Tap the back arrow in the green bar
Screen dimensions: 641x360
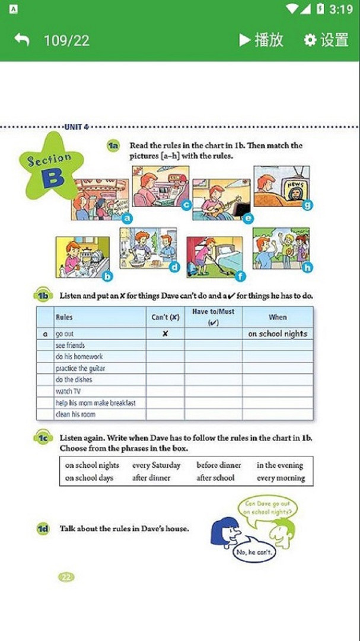tap(22, 40)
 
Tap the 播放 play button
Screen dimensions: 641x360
tap(262, 40)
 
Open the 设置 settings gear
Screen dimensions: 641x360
tap(326, 40)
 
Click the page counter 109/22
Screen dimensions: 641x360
tap(66, 40)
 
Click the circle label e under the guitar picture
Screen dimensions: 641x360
tap(248, 218)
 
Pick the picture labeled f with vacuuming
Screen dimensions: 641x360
tap(214, 256)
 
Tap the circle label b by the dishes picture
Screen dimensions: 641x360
tap(107, 276)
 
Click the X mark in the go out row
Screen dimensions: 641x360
tap(165, 334)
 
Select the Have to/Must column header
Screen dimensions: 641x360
tap(213, 316)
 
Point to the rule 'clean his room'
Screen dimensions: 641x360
tap(75, 414)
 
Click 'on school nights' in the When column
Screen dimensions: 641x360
tap(278, 334)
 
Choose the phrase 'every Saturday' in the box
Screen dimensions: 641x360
tap(156, 465)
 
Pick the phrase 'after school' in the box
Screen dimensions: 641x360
tap(215, 478)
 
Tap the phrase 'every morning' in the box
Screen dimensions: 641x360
tap(281, 478)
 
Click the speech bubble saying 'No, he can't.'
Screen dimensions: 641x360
tap(254, 552)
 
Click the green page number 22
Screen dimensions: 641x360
tap(66, 576)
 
